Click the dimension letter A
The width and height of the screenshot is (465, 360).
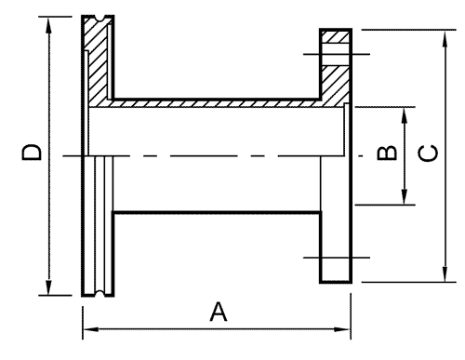219,312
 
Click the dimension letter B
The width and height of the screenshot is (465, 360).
387,153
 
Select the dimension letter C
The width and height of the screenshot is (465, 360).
428,153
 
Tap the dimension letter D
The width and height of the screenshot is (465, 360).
32,152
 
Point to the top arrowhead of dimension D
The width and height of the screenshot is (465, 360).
48,25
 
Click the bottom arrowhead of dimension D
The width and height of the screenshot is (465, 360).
48,287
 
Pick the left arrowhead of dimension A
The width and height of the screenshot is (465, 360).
91,329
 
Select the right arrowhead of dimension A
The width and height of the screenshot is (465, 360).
342,329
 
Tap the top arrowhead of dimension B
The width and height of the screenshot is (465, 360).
404,115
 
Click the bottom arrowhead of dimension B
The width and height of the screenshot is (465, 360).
404,196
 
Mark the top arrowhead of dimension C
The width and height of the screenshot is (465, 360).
445,38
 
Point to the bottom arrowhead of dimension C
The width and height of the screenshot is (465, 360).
445,274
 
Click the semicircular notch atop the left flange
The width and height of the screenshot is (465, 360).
100,18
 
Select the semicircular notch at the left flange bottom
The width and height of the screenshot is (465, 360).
100,293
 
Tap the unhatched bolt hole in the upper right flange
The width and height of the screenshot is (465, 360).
336,54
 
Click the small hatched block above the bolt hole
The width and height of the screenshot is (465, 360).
336,37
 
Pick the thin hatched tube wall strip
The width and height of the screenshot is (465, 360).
217,103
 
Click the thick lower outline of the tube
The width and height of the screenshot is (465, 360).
217,213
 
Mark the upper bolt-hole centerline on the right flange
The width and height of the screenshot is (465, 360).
337,54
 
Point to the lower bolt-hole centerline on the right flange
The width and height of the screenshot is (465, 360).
337,258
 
